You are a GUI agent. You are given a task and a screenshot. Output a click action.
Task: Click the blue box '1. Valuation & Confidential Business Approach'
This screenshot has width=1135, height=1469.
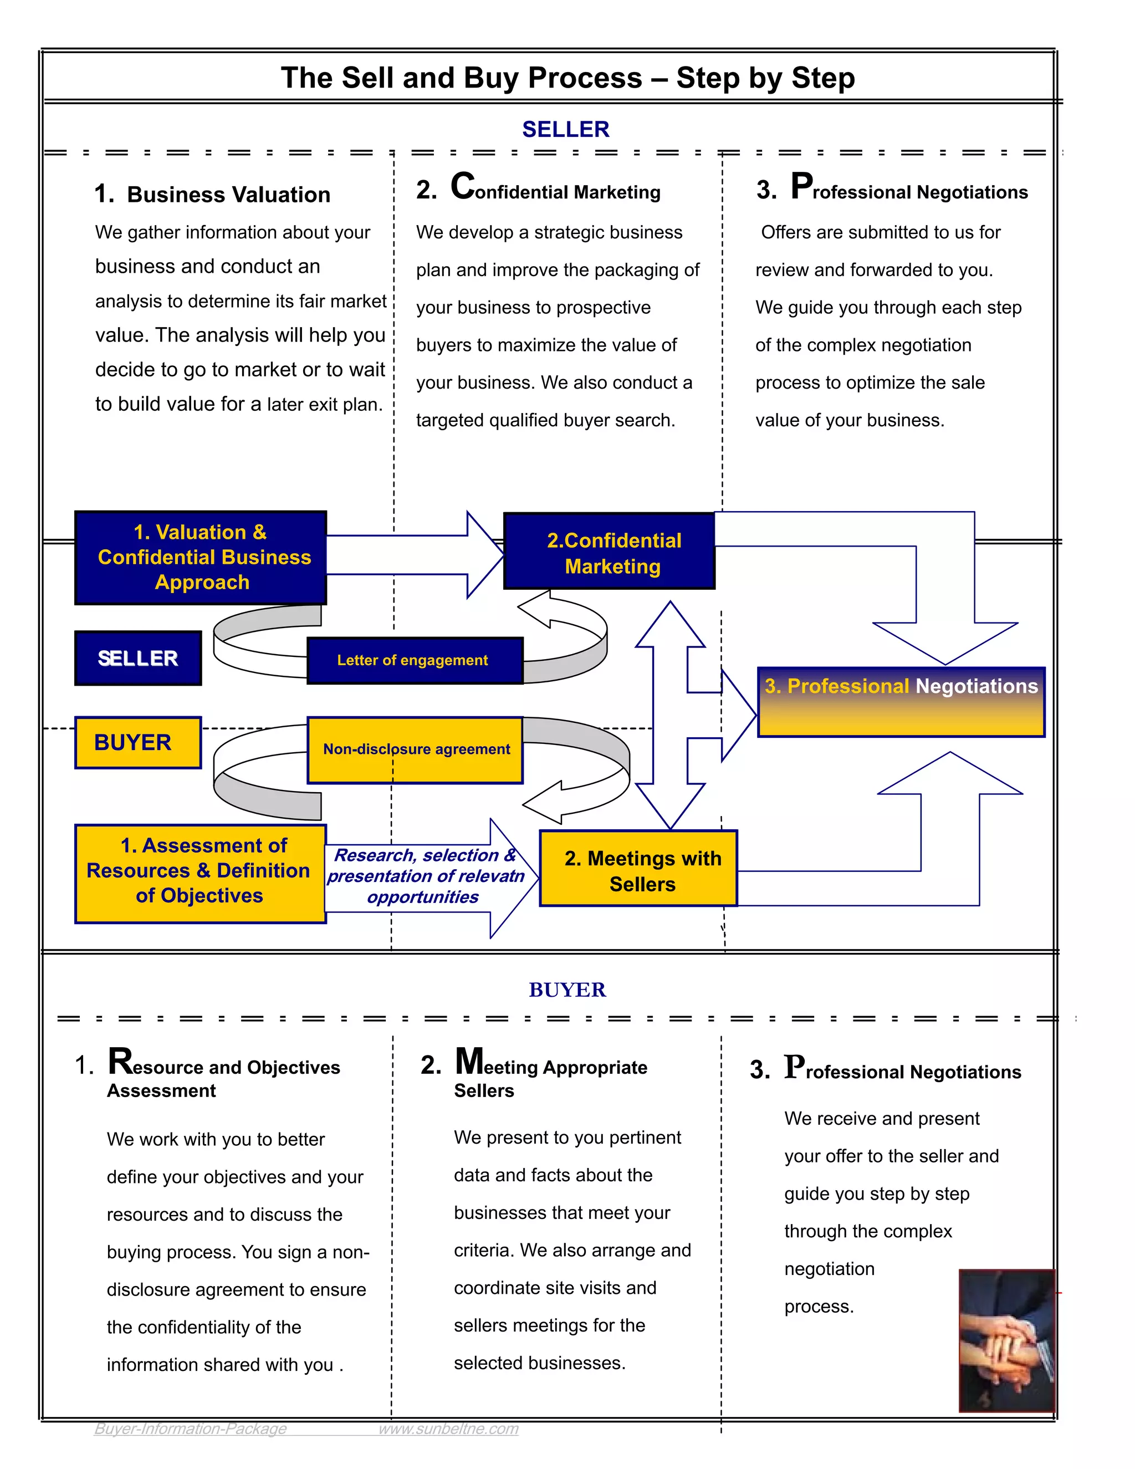click(201, 557)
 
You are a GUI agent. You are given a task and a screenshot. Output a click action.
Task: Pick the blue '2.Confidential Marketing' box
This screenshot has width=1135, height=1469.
click(609, 552)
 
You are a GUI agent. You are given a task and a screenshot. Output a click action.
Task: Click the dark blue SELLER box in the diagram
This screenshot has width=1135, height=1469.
click(138, 658)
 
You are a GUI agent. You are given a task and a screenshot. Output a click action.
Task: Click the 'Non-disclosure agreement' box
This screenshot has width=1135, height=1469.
click(415, 749)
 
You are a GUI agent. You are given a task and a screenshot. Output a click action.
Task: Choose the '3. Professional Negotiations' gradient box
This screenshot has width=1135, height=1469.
click(901, 702)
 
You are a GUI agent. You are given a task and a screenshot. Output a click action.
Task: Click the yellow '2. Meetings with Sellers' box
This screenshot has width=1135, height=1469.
click(638, 868)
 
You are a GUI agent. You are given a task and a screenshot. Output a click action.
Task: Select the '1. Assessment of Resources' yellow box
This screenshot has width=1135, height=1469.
click(201, 873)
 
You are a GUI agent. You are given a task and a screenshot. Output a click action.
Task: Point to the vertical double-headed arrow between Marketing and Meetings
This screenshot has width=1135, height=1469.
click(669, 715)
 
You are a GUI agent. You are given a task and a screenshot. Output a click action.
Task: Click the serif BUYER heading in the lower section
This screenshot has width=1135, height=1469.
click(567, 989)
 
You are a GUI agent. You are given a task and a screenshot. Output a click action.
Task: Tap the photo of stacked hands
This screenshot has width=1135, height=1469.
click(1006, 1340)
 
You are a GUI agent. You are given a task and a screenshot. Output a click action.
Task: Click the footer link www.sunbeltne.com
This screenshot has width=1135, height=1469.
click(448, 1428)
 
